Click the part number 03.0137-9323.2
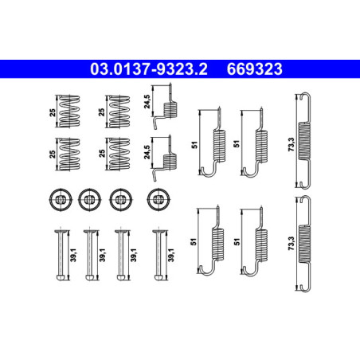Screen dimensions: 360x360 [x=149, y=69]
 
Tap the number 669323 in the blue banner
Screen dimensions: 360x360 [x=254, y=69]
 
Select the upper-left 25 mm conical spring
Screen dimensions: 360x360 [x=69, y=111]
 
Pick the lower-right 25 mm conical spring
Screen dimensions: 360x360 [x=119, y=154]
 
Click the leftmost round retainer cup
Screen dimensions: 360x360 [x=61, y=199]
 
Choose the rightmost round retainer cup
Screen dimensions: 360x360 [x=158, y=199]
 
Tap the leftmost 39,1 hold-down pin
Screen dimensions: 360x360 [x=61, y=255]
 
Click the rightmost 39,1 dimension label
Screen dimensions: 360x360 [x=171, y=255]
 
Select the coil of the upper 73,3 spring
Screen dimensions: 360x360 [x=304, y=141]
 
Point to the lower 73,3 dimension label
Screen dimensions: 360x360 [x=292, y=244]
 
